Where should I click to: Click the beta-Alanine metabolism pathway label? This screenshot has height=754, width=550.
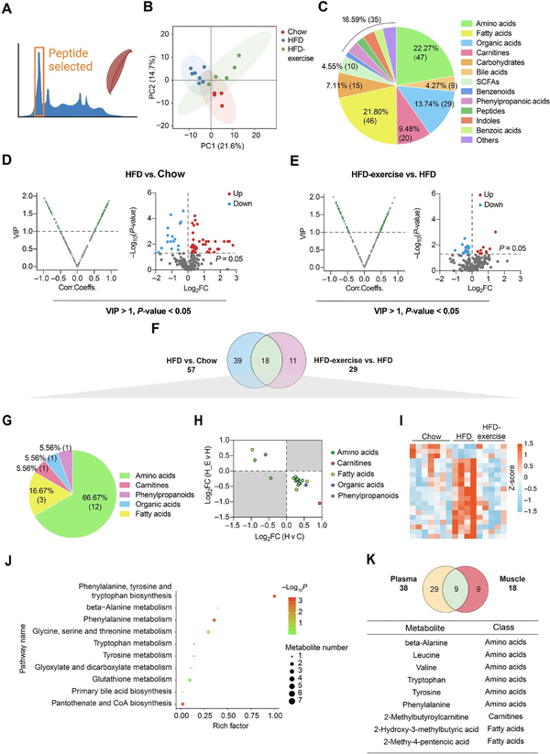pos(126,595)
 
